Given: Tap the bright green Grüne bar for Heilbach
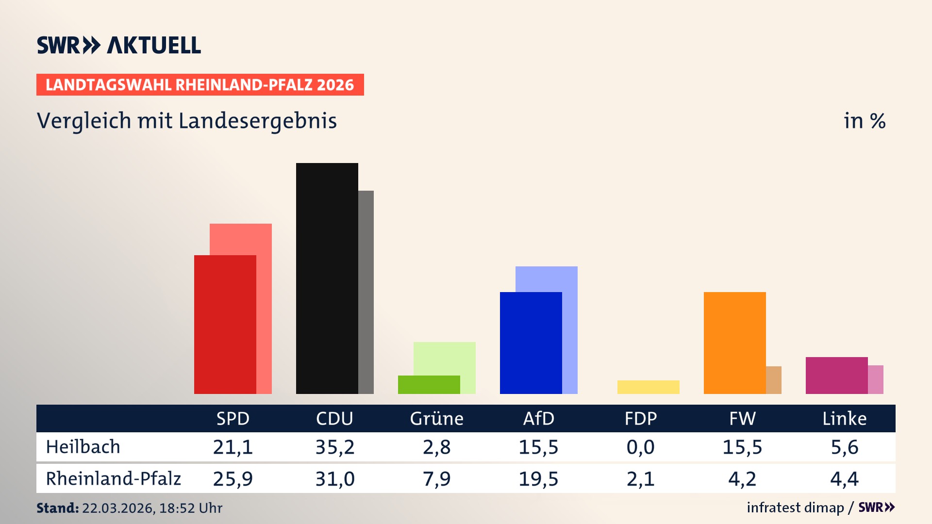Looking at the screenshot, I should coord(429,384).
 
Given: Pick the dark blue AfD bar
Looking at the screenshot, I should coord(531,343).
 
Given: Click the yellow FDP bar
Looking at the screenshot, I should coord(648,387).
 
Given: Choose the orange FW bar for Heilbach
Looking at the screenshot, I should coord(734,343).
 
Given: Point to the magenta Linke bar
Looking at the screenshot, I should coord(836,375).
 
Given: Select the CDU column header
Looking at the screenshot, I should coord(334,418).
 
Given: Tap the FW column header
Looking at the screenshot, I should coord(742,418).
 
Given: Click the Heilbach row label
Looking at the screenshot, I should coord(83,447).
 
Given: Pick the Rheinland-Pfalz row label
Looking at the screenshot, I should coord(113,478).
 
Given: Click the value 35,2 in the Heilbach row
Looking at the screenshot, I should coord(335,447).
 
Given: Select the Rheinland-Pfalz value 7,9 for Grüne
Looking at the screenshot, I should coord(436,479).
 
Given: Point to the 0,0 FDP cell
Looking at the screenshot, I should coord(640,447).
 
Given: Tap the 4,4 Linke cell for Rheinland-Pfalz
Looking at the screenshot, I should coord(844,479).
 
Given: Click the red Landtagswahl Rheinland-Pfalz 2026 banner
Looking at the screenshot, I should coord(200,85).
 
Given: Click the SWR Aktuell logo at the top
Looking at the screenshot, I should coord(119,45).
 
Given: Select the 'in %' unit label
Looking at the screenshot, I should coord(864,121).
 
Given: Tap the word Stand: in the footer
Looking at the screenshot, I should coord(57,508).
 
